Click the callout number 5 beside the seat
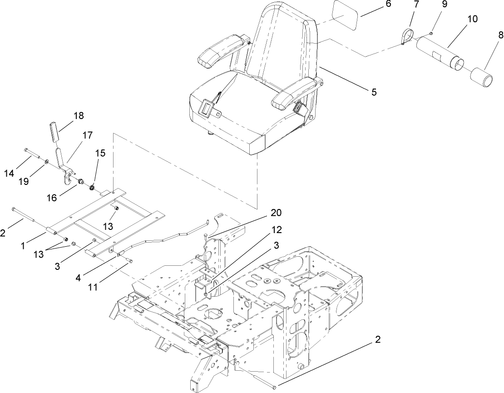[x=374, y=92]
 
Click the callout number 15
[x=100, y=153]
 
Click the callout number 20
[x=276, y=213]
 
